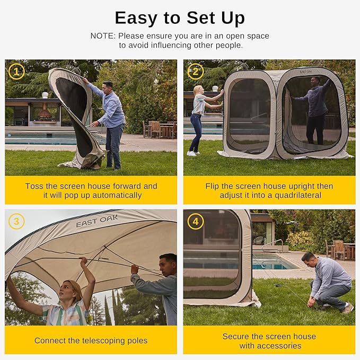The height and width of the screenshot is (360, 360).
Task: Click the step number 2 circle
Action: click(195, 71)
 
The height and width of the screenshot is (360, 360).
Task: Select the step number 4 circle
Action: click(195, 221)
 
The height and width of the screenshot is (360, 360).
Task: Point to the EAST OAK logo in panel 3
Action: click(97, 221)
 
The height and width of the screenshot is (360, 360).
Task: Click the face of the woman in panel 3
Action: click(73, 291)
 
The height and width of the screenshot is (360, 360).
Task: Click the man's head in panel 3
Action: click(168, 264)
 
